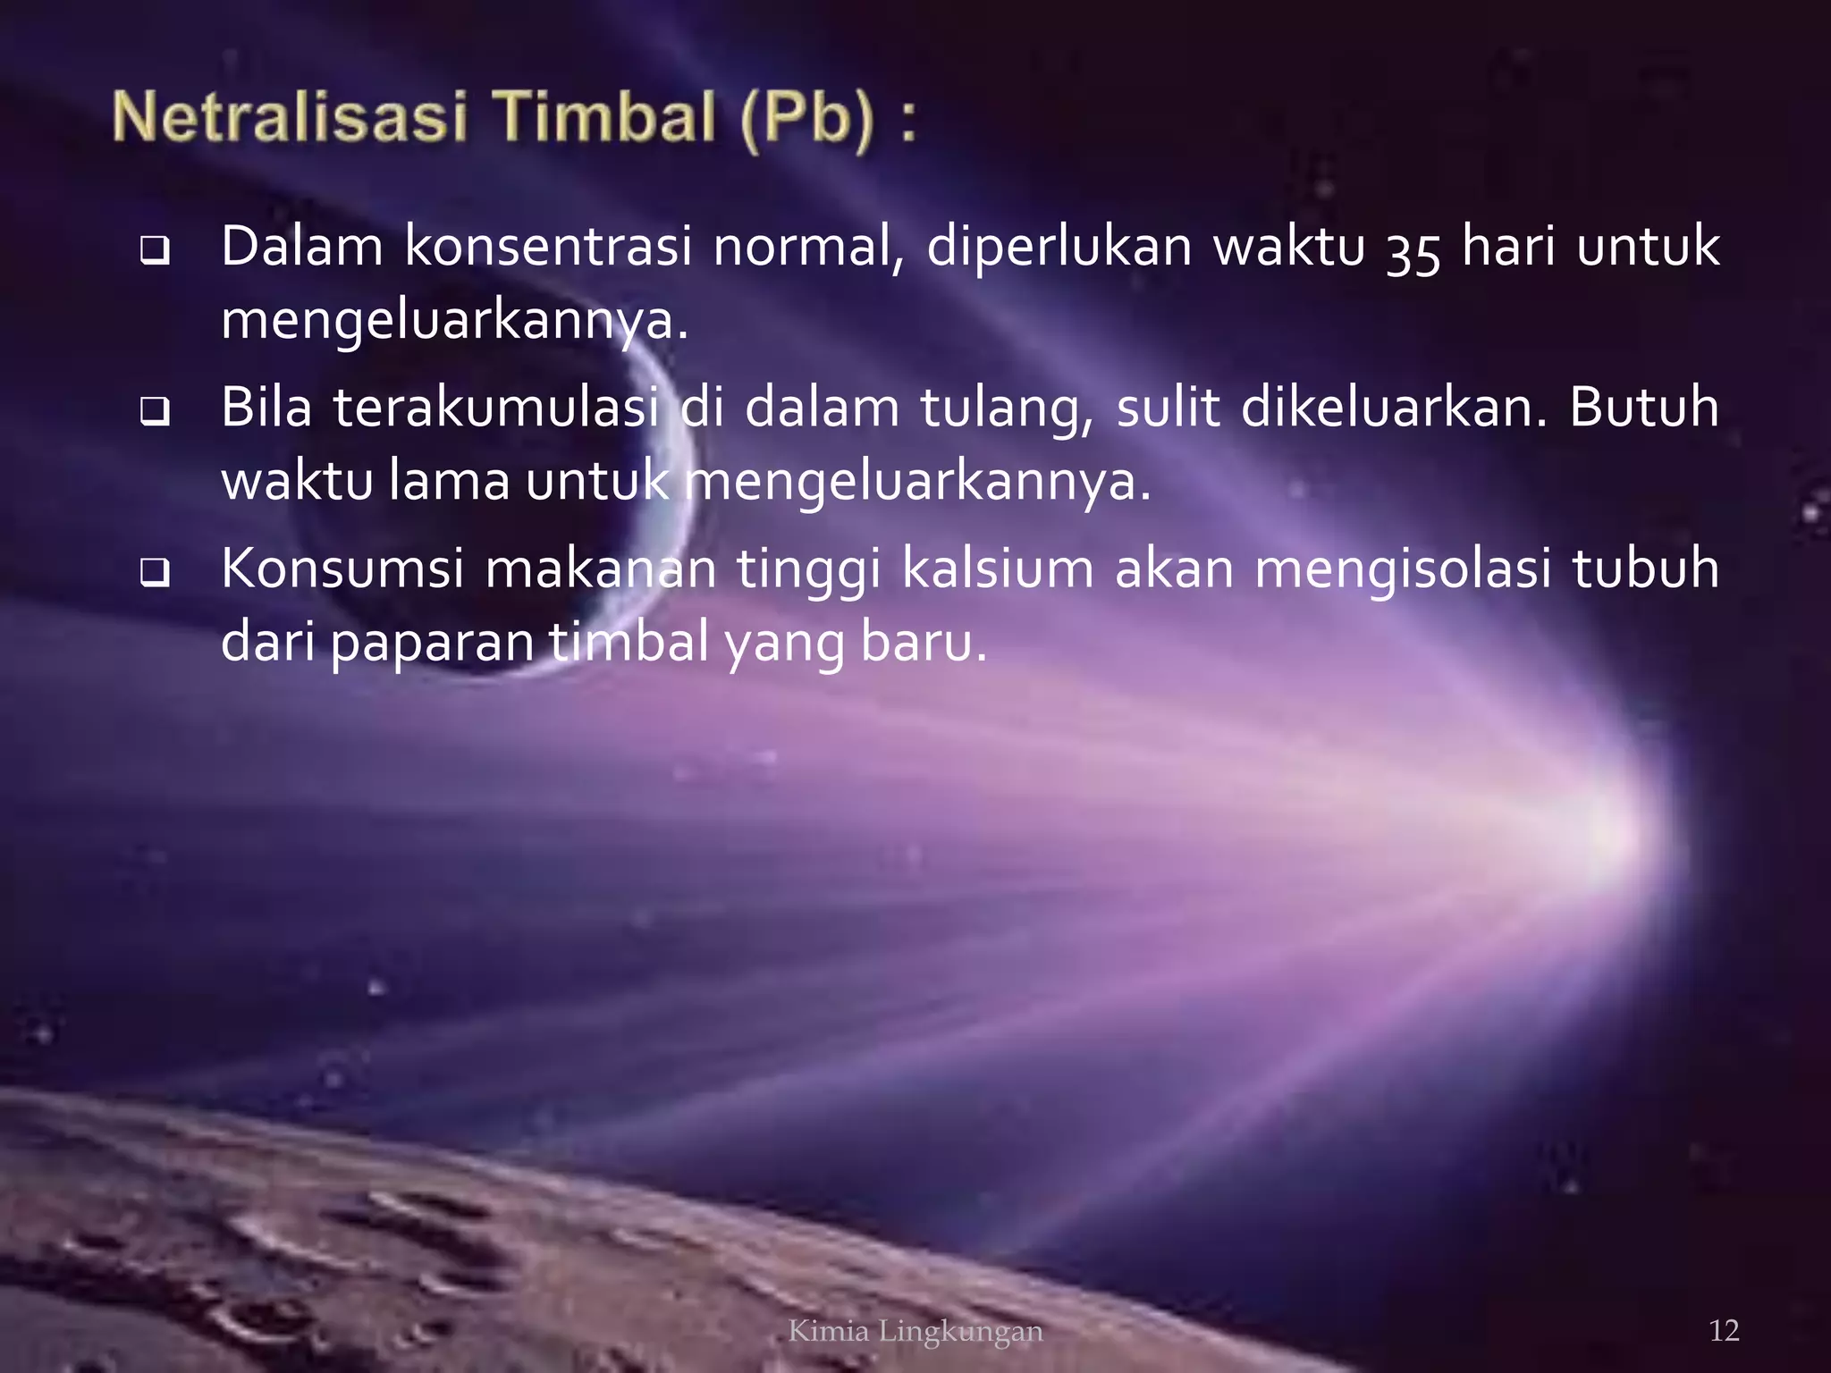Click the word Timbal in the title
click(604, 118)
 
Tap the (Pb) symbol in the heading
click(806, 120)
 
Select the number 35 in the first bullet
click(1413, 250)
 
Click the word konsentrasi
click(548, 247)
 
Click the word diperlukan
click(1059, 247)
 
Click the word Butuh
click(1643, 408)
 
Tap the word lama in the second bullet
click(449, 481)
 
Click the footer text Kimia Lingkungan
click(915, 1331)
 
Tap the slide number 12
click(1724, 1331)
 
